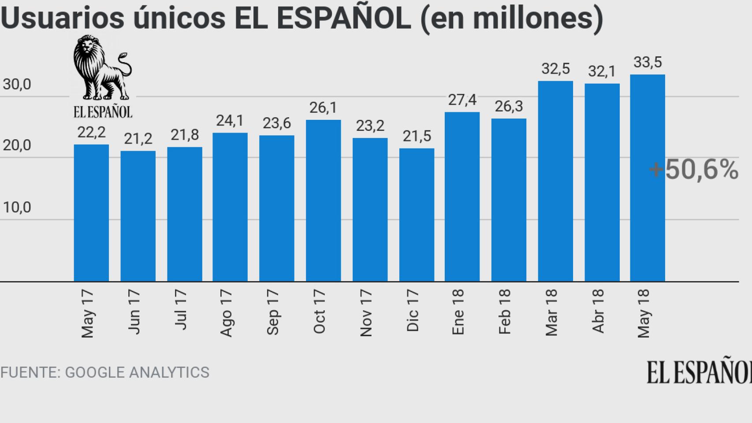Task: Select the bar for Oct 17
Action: tap(323, 200)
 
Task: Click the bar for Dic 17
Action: tap(417, 215)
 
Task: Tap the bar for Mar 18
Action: tap(555, 181)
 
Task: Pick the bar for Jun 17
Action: tap(138, 216)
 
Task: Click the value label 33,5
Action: tap(648, 63)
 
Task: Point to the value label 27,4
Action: tap(462, 100)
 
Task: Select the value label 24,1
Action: tap(230, 121)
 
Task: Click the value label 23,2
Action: tap(370, 126)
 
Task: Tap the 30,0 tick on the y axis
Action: tap(17, 84)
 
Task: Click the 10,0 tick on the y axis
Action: tap(17, 207)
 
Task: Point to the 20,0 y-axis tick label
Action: tap(17, 145)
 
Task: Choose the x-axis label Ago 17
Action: tap(226, 313)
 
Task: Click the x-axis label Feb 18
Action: tap(504, 312)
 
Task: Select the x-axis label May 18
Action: tap(644, 313)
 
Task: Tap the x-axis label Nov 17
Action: tap(365, 313)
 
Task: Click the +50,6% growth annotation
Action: tap(693, 170)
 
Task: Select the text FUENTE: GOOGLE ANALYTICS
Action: tap(105, 372)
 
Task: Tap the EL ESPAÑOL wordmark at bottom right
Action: tap(699, 372)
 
